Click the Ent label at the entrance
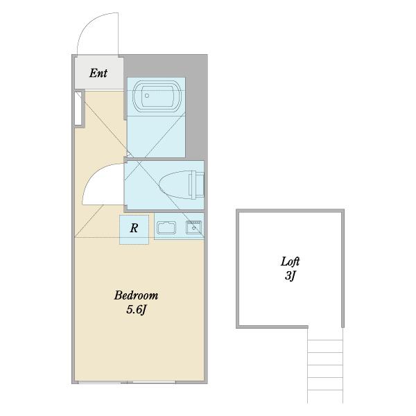[98, 73]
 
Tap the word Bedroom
[136, 295]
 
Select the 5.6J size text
[136, 310]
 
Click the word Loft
[291, 261]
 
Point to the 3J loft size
[290, 276]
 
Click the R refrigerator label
[134, 228]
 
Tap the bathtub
[157, 96]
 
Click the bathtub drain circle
[147, 96]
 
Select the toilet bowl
[175, 184]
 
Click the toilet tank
[197, 184]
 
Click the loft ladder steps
[325, 365]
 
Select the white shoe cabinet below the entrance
[78, 108]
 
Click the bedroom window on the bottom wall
[127, 382]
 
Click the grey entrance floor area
[99, 73]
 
